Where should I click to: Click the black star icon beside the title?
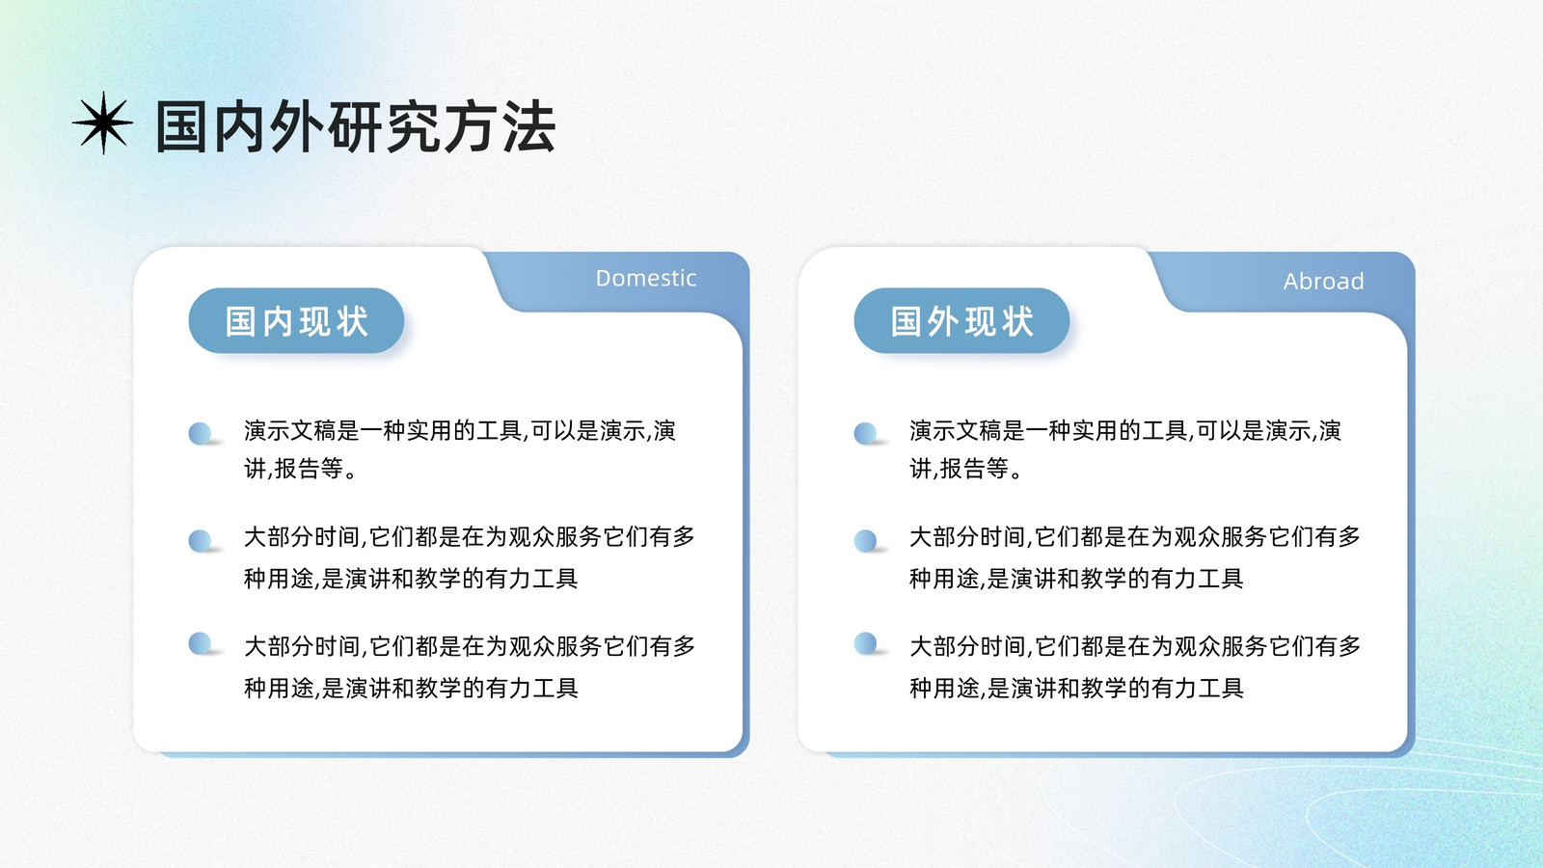(103, 122)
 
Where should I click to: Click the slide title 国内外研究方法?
(356, 126)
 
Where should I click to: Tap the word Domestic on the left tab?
(646, 278)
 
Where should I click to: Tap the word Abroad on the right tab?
(1323, 281)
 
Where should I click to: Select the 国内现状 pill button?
(296, 321)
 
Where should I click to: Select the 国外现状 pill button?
(961, 321)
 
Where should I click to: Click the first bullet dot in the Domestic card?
(200, 433)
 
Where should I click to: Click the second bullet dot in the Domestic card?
(200, 541)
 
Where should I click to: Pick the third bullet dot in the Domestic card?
(200, 643)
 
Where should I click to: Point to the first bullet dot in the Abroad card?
(865, 433)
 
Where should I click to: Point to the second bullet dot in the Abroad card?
(865, 541)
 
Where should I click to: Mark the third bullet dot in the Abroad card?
(865, 643)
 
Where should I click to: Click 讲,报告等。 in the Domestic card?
(300, 469)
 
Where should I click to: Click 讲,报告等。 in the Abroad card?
(965, 469)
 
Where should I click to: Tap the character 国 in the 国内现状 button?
(240, 322)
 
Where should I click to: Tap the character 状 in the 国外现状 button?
(1017, 322)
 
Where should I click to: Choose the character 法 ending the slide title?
(529, 126)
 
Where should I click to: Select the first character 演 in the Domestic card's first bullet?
(256, 430)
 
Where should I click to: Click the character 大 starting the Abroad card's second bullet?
(921, 536)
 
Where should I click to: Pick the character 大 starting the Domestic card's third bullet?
(256, 646)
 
